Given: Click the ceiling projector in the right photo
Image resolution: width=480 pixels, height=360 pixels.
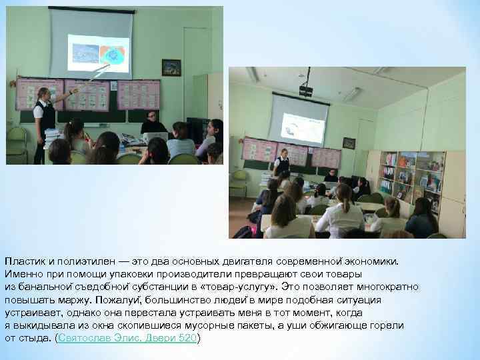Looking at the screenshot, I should click(x=306, y=90).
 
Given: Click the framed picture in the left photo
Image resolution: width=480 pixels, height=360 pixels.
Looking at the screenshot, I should click(x=171, y=67).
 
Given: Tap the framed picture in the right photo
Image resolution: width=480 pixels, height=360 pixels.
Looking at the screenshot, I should click(x=349, y=143).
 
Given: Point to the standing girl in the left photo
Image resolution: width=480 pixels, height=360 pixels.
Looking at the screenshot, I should click(x=45, y=120).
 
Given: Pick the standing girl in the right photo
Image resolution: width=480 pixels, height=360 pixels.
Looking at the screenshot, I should click(x=282, y=163).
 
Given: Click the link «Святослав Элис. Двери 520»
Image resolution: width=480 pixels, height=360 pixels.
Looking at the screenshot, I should click(x=127, y=339).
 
